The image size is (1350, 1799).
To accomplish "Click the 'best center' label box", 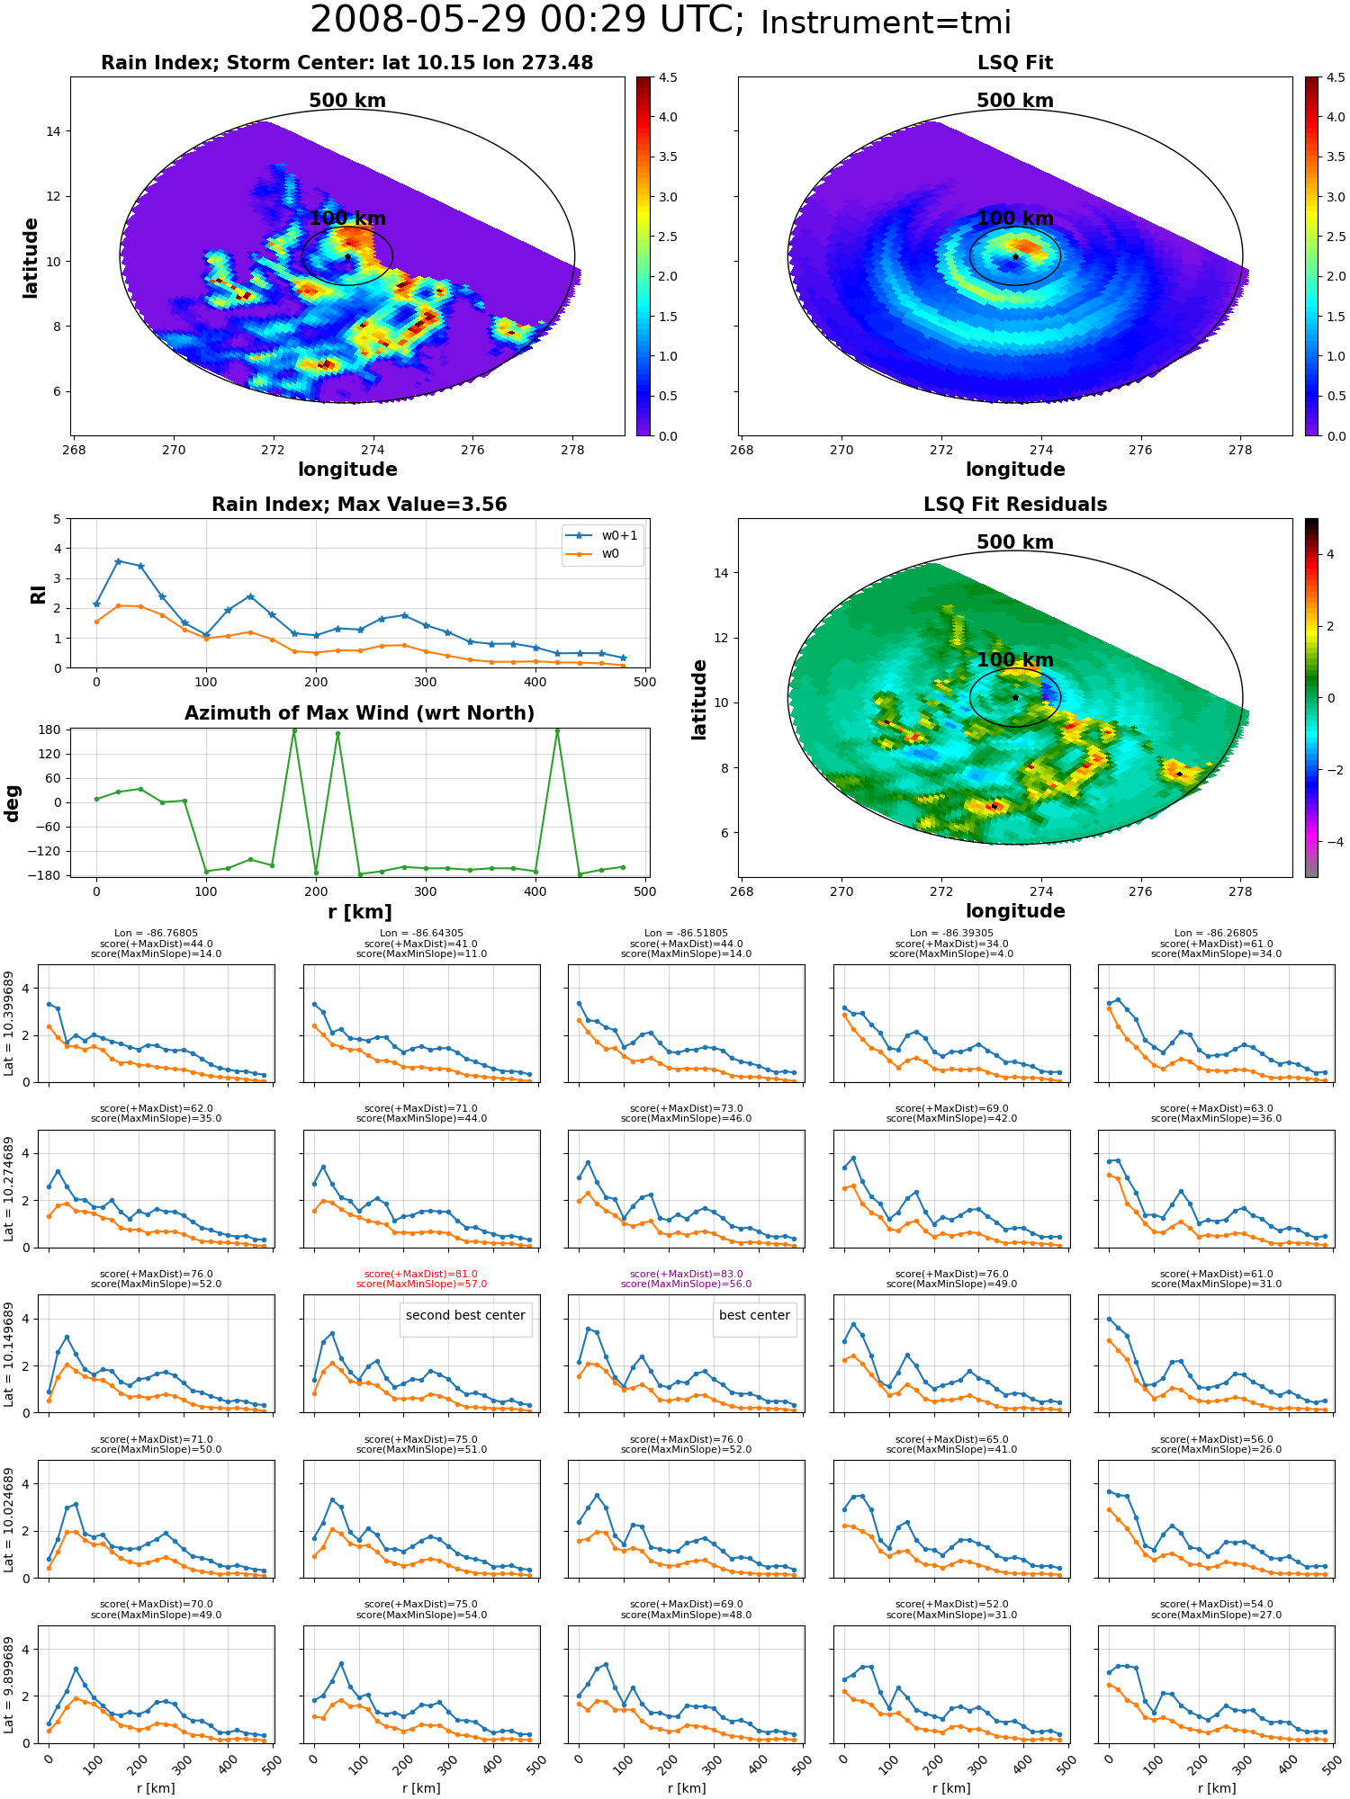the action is coord(754,1315).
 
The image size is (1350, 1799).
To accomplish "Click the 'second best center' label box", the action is coord(465,1315).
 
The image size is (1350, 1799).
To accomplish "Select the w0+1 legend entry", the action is coord(602,535).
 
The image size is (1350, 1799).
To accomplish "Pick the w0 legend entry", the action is coord(593,553).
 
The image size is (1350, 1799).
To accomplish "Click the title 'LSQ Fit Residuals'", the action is coord(1015,505).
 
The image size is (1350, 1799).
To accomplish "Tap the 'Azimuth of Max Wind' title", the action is coord(360,713).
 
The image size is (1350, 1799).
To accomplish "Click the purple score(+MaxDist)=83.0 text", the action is coord(686,1274).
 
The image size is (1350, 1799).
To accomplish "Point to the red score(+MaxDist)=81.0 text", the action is coord(421,1274).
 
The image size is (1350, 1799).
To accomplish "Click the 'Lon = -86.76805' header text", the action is coord(156,934).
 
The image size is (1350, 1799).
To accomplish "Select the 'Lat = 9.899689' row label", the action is coord(9,1685).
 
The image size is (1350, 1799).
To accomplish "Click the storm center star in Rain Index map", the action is coord(347,256).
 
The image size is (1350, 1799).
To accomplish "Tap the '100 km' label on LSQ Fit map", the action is coord(1015,219).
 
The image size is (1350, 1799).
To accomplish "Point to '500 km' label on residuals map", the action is coord(1015,542).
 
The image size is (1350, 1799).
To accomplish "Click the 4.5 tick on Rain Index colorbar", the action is coord(668,77).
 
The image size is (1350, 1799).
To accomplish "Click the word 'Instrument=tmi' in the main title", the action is coord(886,22).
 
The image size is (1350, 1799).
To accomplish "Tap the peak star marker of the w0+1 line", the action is coord(118,561).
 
